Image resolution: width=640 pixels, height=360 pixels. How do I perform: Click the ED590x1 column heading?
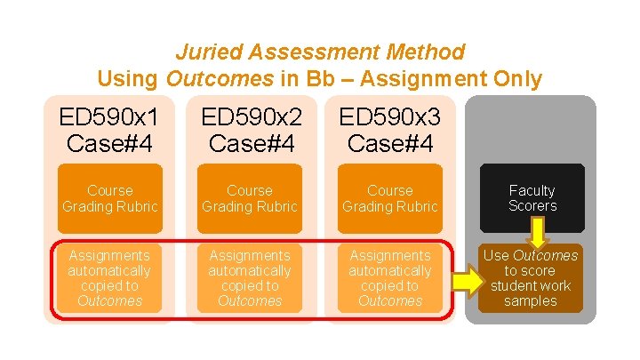click(110, 129)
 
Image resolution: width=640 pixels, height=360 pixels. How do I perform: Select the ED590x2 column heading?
click(250, 129)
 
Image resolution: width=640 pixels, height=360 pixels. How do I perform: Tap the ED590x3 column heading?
click(389, 129)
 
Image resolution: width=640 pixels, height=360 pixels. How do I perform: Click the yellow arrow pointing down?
click(538, 234)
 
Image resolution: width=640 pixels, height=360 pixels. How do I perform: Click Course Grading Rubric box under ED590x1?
click(110, 198)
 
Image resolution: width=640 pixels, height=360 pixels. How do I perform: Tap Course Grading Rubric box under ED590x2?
click(250, 198)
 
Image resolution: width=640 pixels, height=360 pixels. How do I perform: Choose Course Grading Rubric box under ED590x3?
click(389, 198)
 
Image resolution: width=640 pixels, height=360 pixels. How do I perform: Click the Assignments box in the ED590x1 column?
click(110, 277)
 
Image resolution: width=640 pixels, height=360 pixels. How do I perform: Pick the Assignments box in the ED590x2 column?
click(250, 277)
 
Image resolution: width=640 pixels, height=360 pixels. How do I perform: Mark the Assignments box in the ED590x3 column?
click(389, 277)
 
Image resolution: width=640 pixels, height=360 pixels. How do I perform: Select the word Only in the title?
click(515, 79)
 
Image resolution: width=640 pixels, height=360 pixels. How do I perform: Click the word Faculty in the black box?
click(532, 190)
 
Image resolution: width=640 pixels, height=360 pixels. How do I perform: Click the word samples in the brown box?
click(530, 300)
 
